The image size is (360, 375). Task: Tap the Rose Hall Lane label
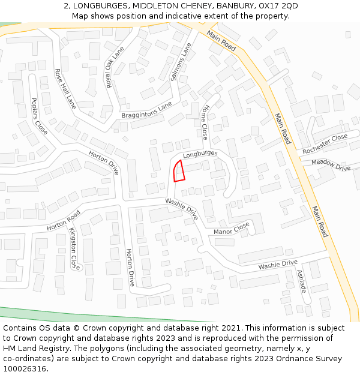pyautogui.click(x=65, y=88)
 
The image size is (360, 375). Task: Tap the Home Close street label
pyautogui.click(x=204, y=122)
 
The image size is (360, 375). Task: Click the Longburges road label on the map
pyautogui.click(x=200, y=154)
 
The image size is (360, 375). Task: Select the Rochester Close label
pyautogui.click(x=325, y=144)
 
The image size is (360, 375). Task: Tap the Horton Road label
pyautogui.click(x=64, y=220)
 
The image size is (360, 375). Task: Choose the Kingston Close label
pyautogui.click(x=74, y=248)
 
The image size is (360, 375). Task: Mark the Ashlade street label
pyautogui.click(x=302, y=281)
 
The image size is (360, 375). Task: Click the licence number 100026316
pyautogui.click(x=25, y=368)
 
